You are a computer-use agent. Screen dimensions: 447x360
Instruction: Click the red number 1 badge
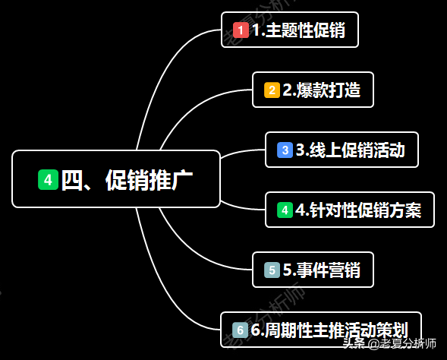pyautogui.click(x=241, y=30)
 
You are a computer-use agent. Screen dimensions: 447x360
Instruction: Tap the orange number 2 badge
pyautogui.click(x=272, y=90)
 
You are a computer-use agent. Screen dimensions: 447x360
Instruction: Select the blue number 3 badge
pyautogui.click(x=285, y=150)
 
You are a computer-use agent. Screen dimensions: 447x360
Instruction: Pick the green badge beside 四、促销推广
pyautogui.click(x=48, y=180)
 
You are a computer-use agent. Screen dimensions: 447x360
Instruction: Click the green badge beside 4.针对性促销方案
pyautogui.click(x=285, y=210)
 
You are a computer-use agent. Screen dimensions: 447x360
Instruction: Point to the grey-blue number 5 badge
pyautogui.click(x=272, y=270)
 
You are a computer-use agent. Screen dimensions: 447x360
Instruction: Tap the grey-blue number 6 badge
pyautogui.click(x=240, y=330)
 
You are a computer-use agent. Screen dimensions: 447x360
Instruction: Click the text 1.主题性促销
pyautogui.click(x=299, y=30)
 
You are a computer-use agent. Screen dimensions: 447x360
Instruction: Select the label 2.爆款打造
pyautogui.click(x=322, y=90)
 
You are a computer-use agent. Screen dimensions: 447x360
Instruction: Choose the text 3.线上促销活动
pyautogui.click(x=351, y=150)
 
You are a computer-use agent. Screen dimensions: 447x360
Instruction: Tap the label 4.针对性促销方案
pyautogui.click(x=358, y=210)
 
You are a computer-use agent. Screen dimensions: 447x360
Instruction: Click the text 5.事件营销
pyautogui.click(x=322, y=270)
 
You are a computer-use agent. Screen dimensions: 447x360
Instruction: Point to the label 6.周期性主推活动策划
pyautogui.click(x=329, y=330)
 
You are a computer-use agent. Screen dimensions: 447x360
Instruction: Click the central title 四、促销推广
pyautogui.click(x=127, y=180)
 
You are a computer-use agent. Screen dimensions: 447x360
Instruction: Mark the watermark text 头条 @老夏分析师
pyautogui.click(x=389, y=343)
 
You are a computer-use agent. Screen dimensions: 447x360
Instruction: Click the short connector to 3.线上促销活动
pyautogui.click(x=242, y=151)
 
